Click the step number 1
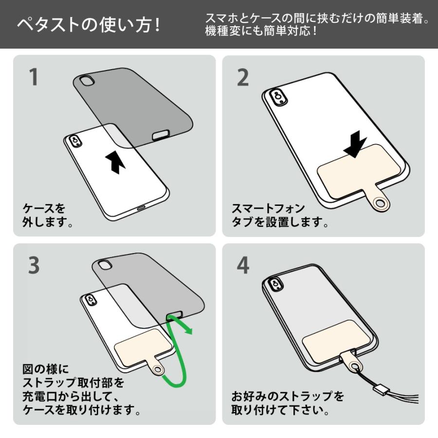point(34,77)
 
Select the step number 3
point(34,265)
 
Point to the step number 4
point(243,265)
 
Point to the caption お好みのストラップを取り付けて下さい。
point(287,403)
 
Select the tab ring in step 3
point(158,371)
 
